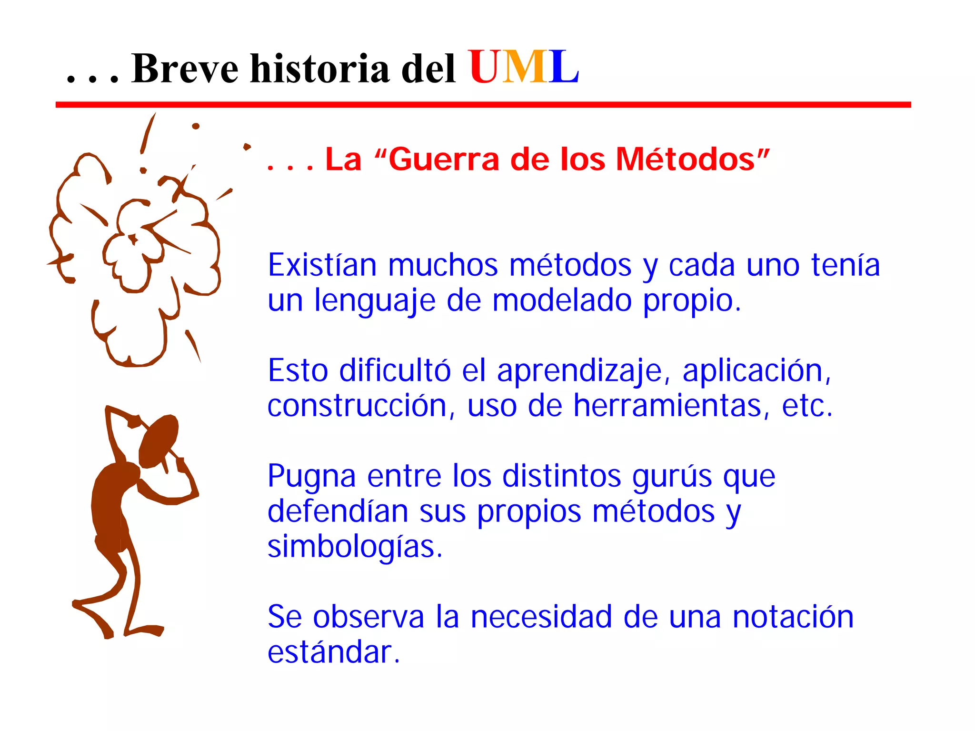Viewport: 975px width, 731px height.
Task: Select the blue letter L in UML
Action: point(563,68)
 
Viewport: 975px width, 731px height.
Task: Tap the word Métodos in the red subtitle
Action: point(686,159)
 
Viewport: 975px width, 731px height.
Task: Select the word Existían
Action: point(322,265)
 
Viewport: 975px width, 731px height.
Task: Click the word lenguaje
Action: point(375,301)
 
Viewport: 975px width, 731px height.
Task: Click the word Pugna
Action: point(311,476)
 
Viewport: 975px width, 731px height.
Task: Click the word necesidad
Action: point(541,617)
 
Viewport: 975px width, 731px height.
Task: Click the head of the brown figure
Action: point(159,441)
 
